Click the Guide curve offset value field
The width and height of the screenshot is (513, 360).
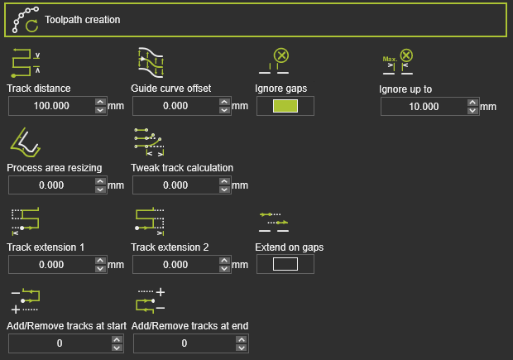(174, 106)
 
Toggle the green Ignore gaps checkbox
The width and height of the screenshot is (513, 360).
(285, 105)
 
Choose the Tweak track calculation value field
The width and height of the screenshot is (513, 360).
(174, 185)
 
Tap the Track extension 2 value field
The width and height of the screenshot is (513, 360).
(174, 265)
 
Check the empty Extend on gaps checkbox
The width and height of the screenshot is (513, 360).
(285, 264)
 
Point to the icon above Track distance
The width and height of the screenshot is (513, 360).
(26, 62)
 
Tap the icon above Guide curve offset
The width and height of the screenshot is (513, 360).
(150, 62)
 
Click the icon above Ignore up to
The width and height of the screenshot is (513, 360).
(396, 62)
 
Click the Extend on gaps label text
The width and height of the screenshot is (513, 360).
(289, 247)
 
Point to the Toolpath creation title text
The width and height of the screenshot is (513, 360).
(83, 20)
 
